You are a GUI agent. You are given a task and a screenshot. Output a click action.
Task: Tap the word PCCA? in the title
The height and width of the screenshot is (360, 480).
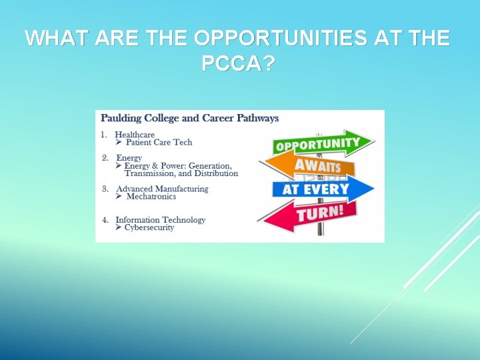238,64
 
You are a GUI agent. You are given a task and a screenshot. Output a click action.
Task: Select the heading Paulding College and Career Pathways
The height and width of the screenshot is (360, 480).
189,118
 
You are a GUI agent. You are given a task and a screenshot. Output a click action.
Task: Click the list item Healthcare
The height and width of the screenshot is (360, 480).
135,135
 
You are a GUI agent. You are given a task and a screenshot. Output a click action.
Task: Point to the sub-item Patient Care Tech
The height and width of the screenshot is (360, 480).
159,142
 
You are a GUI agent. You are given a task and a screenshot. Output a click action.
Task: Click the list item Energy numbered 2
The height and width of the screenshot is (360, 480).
129,158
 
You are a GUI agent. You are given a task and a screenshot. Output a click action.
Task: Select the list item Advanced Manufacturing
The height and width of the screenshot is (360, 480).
162,189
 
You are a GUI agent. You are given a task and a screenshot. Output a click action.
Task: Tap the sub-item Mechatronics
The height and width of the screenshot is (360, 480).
151,197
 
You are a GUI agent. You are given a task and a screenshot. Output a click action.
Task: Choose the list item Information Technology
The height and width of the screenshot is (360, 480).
161,220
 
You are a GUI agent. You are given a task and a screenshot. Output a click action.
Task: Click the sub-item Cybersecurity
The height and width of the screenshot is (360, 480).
150,227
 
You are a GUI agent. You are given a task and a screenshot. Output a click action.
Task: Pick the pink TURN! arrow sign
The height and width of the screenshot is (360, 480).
309,214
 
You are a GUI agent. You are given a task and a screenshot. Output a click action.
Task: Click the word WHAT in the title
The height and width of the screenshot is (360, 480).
57,39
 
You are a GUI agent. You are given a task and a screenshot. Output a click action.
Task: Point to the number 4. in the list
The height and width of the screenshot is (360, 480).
105,220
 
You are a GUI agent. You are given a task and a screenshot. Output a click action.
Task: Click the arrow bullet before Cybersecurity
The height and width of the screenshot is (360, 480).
119,227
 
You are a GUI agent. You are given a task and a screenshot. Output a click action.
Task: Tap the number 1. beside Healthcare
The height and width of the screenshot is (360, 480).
104,135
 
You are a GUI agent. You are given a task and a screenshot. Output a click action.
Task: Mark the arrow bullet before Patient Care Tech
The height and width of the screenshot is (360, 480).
119,142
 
